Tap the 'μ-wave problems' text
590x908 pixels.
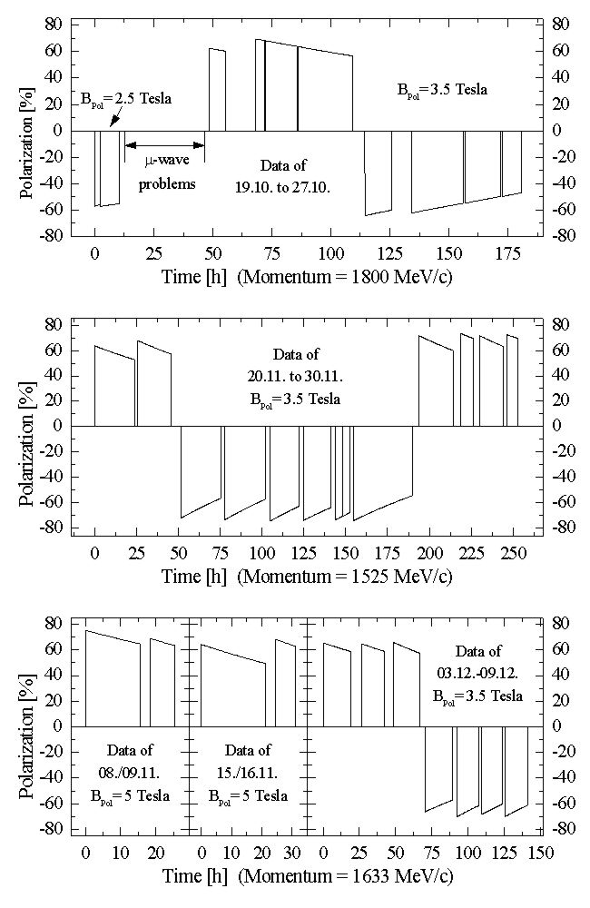[x=167, y=172]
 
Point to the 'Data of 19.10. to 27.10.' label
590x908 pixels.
[x=282, y=176]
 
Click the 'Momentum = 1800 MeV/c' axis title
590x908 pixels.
[x=345, y=277]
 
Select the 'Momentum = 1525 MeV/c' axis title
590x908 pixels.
[x=345, y=577]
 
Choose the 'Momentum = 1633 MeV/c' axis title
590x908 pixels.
[x=345, y=875]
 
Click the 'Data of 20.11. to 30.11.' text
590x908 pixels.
[x=295, y=377]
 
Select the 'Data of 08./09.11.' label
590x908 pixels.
[x=130, y=773]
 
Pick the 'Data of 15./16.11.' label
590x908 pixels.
[x=248, y=773]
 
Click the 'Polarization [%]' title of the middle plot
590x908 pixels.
[x=28, y=426]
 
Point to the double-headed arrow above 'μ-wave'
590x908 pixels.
[x=165, y=144]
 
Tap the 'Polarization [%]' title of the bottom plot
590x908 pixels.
[x=28, y=725]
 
